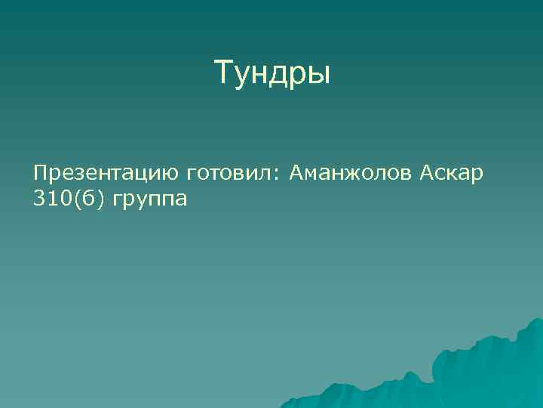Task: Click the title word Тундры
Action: pyautogui.click(x=272, y=73)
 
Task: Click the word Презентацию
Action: pyautogui.click(x=106, y=175)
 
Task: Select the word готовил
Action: pyautogui.click(x=229, y=175)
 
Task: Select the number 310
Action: pyautogui.click(x=49, y=200)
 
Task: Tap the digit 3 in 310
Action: pyautogui.click(x=38, y=200)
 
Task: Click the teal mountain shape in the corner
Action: pyautogui.click(x=483, y=370)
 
